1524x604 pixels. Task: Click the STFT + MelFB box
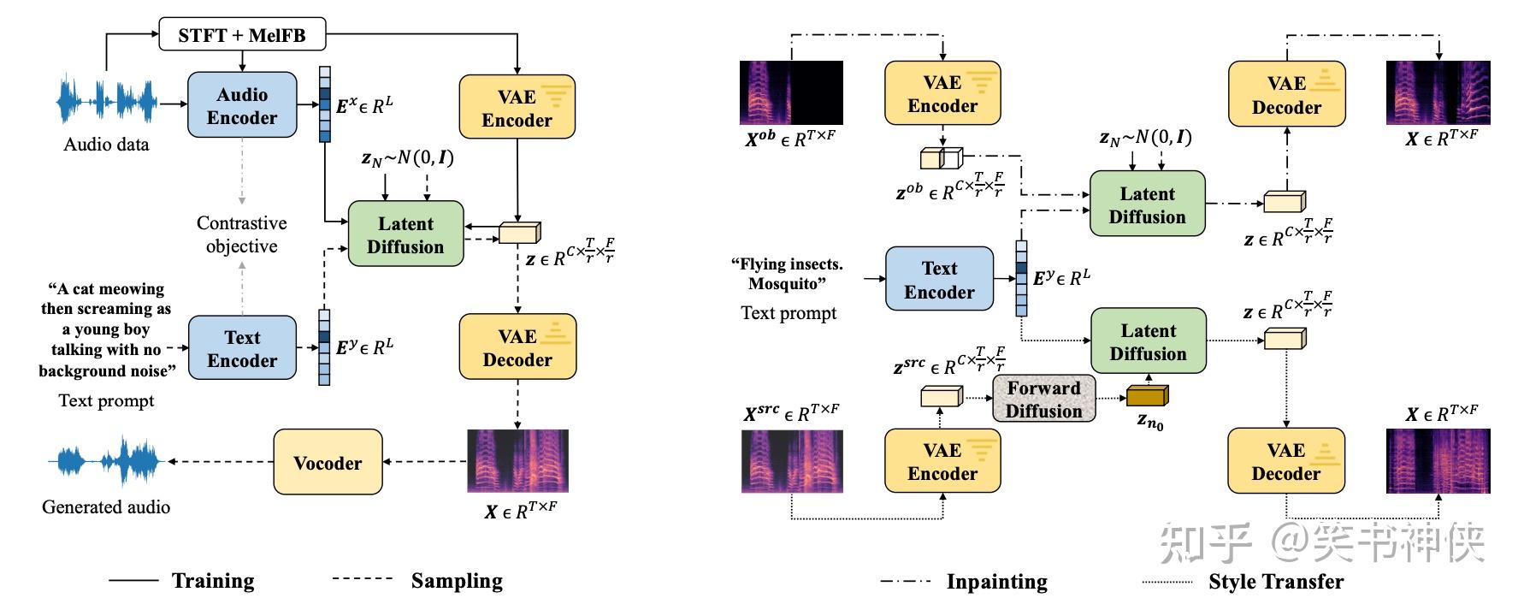point(242,35)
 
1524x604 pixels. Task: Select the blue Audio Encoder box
point(242,105)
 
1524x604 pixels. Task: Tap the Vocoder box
point(328,462)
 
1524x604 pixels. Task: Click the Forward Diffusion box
point(1043,399)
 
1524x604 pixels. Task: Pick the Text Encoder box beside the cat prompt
point(242,348)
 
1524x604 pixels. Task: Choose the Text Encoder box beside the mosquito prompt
point(939,279)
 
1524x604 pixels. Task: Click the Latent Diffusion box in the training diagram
point(405,234)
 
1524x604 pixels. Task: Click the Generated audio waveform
point(105,462)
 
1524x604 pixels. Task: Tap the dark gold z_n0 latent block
point(1147,395)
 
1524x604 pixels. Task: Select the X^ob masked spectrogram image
point(791,92)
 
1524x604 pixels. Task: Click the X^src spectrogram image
point(791,462)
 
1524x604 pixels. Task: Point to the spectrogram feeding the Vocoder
point(517,460)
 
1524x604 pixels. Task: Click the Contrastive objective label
point(242,234)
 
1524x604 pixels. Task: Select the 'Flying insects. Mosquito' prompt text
point(790,274)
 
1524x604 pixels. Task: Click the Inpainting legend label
point(996,582)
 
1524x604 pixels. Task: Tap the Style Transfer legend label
point(1276,582)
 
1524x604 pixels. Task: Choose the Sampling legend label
point(457,581)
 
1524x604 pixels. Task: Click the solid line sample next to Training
point(133,580)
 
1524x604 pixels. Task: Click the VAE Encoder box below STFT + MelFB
point(517,108)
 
